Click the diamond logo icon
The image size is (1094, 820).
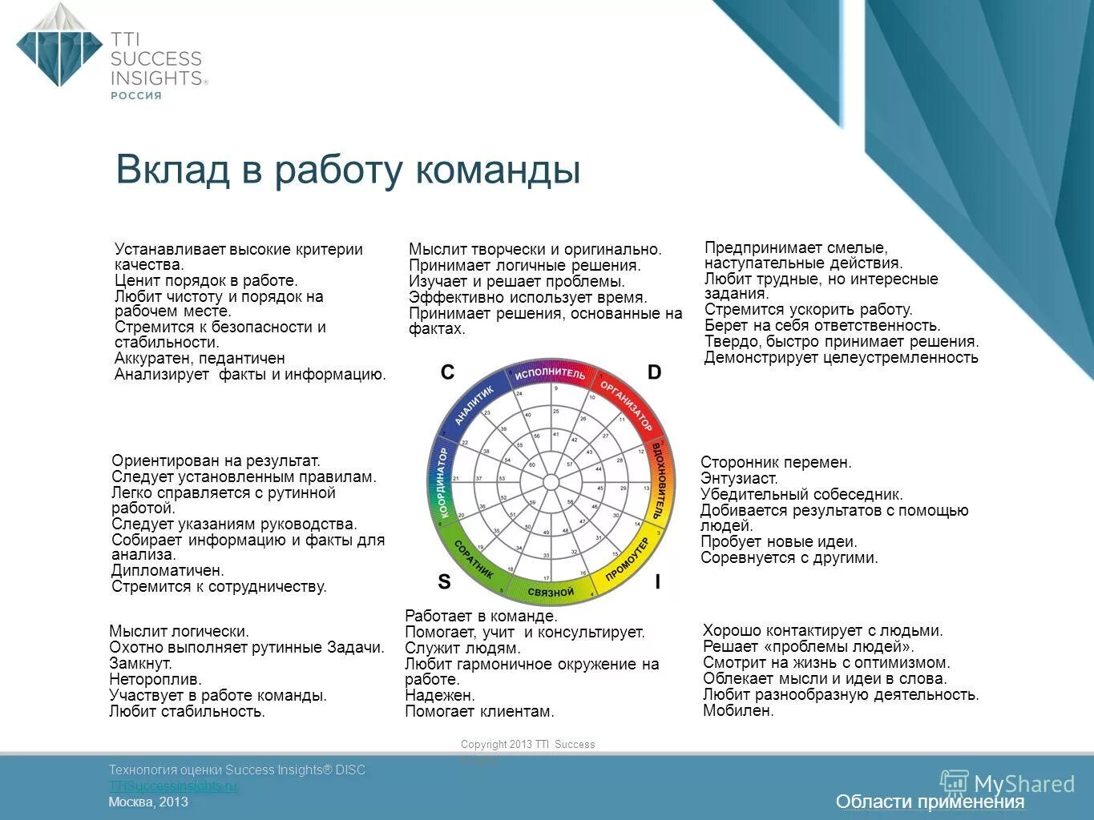(59, 46)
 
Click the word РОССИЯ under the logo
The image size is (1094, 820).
(135, 95)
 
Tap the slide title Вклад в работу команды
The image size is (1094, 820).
(347, 170)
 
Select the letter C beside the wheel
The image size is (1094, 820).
(447, 372)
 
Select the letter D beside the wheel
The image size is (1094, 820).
(654, 372)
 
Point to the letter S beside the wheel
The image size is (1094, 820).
(444, 582)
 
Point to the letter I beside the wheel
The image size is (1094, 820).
(657, 582)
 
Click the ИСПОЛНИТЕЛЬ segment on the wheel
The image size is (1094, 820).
(550, 374)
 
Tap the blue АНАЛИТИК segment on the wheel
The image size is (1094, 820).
(474, 405)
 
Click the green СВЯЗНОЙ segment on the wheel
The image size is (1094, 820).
(551, 592)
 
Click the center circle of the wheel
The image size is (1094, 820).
(551, 482)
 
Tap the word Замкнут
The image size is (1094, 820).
(140, 664)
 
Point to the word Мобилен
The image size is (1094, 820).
(738, 711)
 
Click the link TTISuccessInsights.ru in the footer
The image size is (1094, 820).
(173, 786)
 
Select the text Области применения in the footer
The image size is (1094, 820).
(930, 802)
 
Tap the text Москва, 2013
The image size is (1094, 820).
(148, 802)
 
